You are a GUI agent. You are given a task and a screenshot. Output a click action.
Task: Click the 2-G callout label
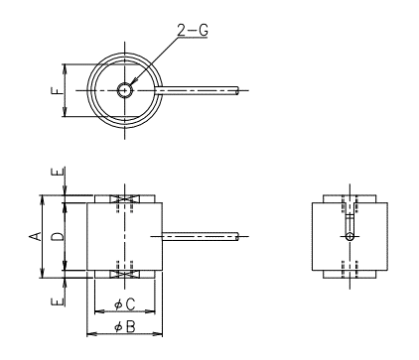coord(193,30)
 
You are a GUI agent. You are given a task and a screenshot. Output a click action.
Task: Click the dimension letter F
coord(57,90)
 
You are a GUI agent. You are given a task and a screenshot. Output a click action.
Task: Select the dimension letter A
coord(36,236)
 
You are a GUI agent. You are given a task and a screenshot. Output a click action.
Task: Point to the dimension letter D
coord(58,236)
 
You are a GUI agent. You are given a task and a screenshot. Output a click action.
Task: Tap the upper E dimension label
coord(57,172)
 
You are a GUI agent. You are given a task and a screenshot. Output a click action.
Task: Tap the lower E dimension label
coord(57,301)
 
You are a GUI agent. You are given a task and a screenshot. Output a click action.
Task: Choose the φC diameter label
coord(125,304)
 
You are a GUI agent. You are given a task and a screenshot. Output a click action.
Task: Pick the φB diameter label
coord(125,327)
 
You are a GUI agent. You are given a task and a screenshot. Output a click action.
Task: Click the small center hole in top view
coord(125,90)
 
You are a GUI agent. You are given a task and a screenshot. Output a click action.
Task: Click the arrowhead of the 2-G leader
coord(134,81)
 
